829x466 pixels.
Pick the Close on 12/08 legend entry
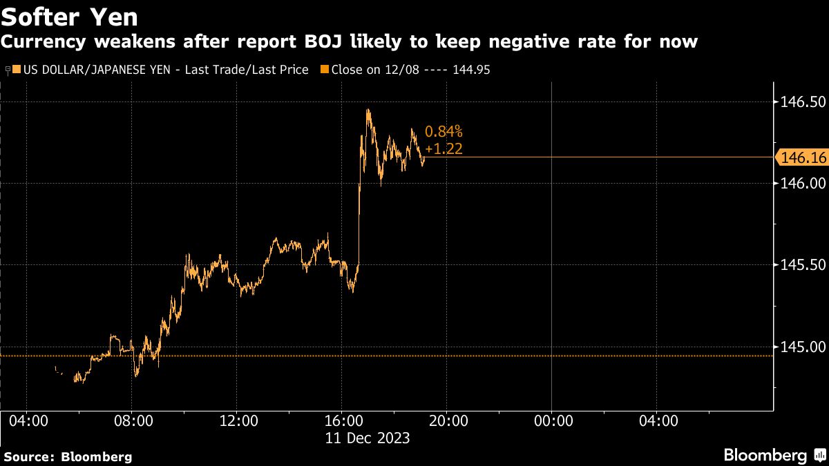[408, 70]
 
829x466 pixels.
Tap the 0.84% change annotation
[444, 131]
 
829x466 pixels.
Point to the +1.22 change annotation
[444, 148]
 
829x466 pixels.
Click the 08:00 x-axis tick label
[133, 420]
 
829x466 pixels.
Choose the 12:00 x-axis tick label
[238, 420]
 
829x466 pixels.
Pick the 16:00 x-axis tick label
[343, 420]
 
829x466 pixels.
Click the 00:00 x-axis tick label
[552, 420]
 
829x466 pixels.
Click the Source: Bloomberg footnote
[68, 456]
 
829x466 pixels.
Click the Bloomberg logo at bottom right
[772, 455]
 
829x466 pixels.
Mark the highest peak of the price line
[368, 109]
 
